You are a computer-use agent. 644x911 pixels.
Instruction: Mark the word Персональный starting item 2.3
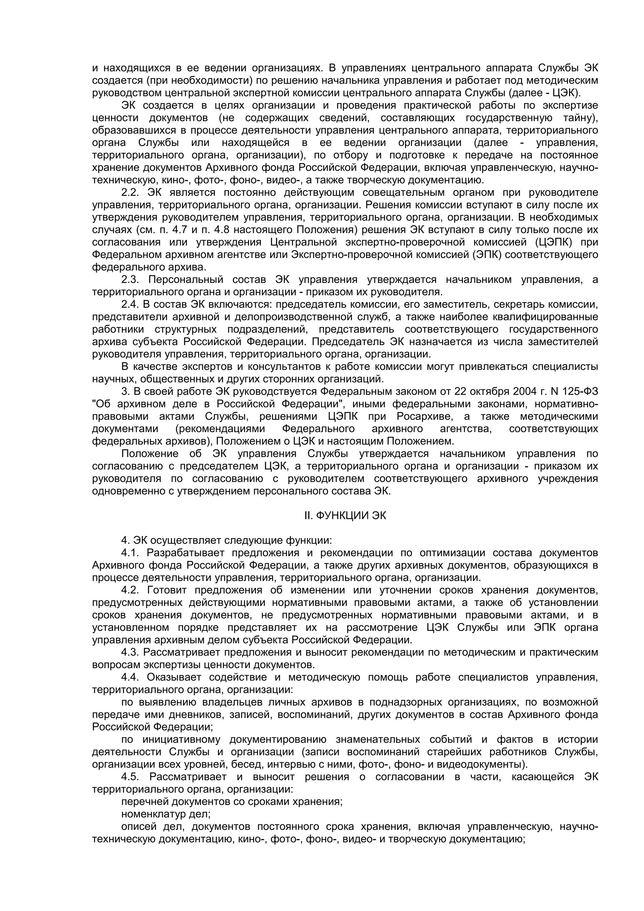(x=185, y=280)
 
